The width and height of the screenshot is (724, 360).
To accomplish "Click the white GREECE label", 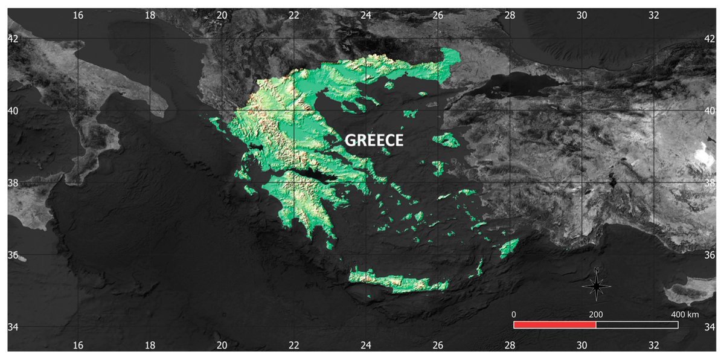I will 374,140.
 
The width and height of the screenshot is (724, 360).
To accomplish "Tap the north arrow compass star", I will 597,285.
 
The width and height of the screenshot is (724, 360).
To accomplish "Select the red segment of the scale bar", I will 554,324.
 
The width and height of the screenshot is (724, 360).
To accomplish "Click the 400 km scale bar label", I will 685,315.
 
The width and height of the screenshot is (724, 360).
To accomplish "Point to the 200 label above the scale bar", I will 596,315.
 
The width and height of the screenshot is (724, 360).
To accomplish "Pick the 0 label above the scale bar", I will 514,315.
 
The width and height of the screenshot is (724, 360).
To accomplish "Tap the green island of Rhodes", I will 510,247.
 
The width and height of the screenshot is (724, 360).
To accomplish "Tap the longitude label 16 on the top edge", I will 77,16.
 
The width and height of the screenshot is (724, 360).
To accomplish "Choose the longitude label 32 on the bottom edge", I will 653,345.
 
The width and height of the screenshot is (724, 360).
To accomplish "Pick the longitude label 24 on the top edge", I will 365,16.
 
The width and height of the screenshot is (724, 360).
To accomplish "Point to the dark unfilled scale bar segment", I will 637,324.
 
